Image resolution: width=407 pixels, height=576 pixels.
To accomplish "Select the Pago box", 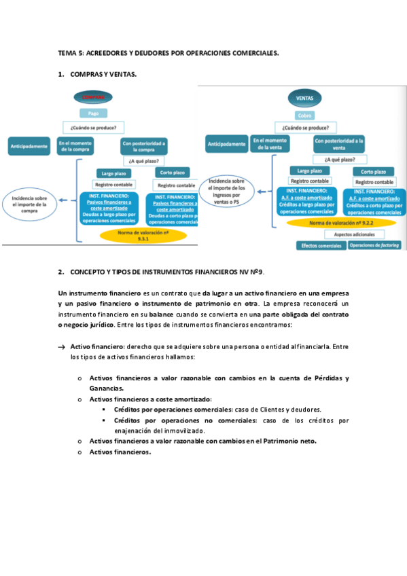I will (93, 113).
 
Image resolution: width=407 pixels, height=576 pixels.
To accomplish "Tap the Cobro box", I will (304, 115).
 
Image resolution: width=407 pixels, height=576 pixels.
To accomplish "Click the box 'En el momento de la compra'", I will (75, 146).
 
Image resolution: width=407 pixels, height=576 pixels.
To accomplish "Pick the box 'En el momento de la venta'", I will (270, 143).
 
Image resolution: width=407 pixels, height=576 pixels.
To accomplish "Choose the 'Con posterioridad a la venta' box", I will (338, 144).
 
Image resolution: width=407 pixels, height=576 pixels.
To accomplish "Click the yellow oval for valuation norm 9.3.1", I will (143, 235).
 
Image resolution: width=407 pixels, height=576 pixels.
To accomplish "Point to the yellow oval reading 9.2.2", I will (342, 222).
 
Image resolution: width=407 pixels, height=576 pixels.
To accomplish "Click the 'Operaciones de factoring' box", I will (374, 245).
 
